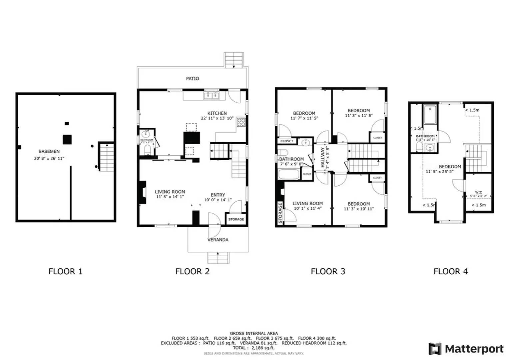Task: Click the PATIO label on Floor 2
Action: click(192, 79)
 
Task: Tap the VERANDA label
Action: click(218, 240)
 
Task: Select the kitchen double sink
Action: click(212, 96)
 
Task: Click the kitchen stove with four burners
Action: click(241, 122)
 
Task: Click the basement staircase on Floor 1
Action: click(107, 157)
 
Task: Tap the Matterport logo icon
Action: click(435, 349)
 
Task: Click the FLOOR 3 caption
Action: click(328, 272)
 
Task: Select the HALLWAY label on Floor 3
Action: click(323, 157)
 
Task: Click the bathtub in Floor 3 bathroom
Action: click(289, 175)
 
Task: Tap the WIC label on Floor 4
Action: click(478, 192)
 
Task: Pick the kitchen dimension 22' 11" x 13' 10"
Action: click(217, 118)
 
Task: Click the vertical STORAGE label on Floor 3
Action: click(280, 213)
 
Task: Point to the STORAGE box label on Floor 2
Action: click(236, 219)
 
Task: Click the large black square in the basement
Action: click(68, 139)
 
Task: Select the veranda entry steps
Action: click(218, 258)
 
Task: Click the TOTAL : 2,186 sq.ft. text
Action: click(254, 348)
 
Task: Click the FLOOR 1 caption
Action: click(65, 272)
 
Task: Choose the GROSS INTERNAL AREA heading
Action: click(254, 333)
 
